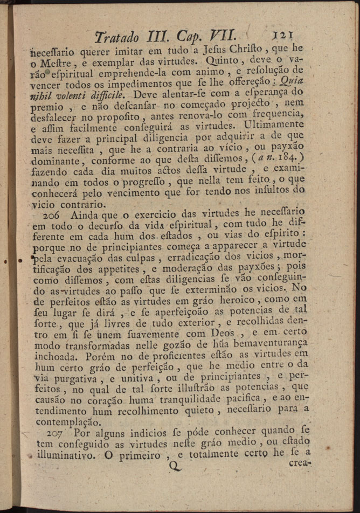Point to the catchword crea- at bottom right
point(301,463)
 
